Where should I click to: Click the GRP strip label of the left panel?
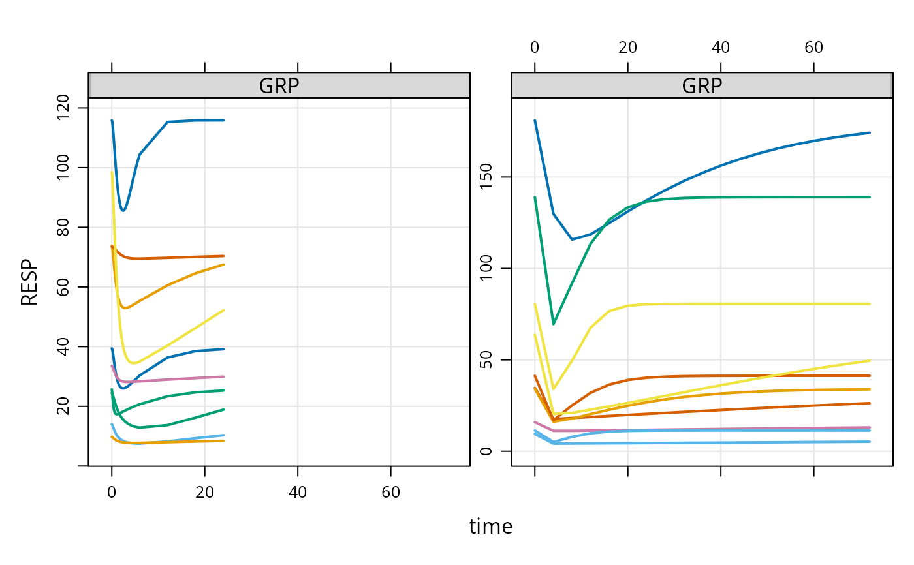279,85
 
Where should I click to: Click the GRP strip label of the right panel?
702,85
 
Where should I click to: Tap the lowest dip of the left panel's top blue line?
122,210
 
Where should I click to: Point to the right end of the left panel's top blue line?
224,120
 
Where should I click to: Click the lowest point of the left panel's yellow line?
134,363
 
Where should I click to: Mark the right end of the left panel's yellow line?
224,310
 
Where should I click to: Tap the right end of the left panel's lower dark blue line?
224,349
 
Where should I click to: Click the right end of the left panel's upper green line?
224,390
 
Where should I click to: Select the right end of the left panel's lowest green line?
224,409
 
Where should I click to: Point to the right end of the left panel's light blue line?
224,435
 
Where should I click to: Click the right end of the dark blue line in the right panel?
870,132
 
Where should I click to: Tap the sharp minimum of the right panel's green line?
554,324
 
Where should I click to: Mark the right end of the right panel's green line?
870,197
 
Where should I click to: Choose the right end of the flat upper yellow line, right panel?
870,303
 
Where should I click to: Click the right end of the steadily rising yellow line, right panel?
870,360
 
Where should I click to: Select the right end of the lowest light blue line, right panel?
870,442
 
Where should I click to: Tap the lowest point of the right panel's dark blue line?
572,239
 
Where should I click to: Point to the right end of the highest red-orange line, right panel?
870,376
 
